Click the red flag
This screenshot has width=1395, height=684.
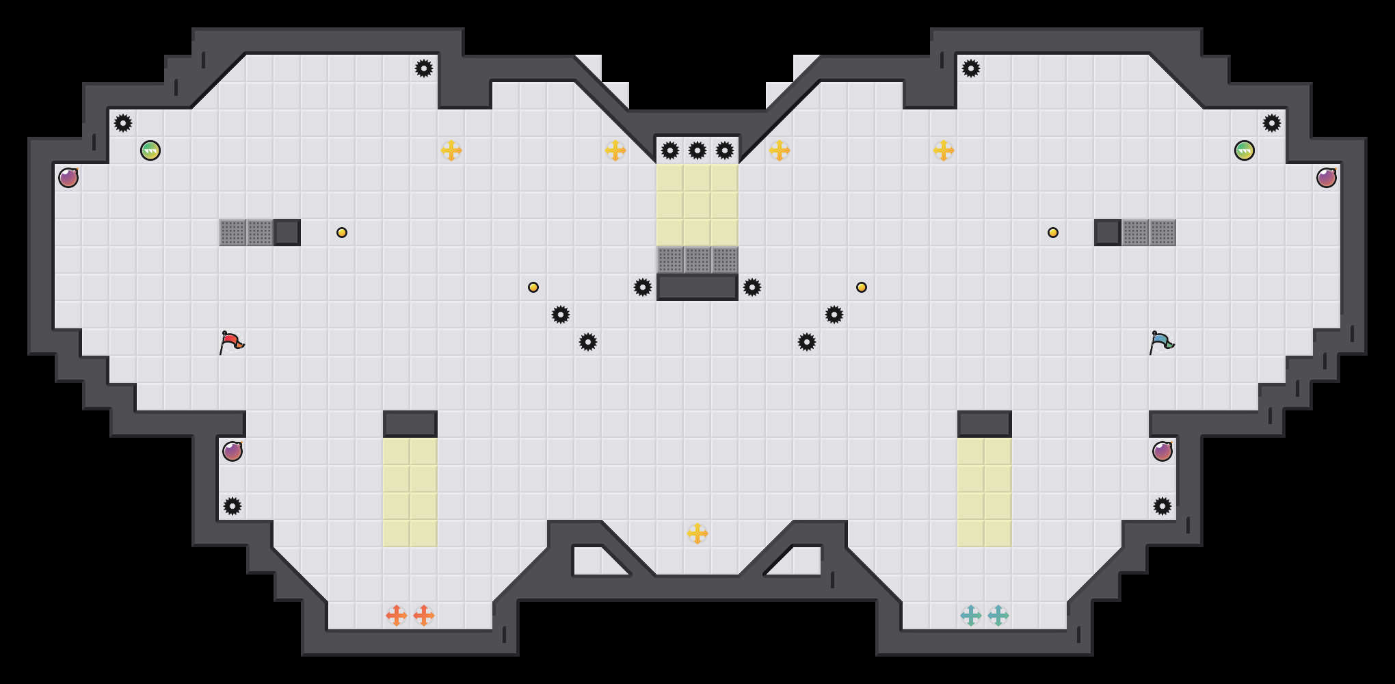pyautogui.click(x=231, y=341)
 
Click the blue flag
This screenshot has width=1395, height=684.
pyautogui.click(x=1161, y=341)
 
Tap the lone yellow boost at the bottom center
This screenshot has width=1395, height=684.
pyautogui.click(x=697, y=534)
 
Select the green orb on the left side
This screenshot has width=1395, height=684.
pyautogui.click(x=150, y=150)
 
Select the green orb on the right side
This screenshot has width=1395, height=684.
pyautogui.click(x=1245, y=150)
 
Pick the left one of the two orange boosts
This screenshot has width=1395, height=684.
pyautogui.click(x=397, y=616)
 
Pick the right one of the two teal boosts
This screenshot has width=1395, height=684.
pyautogui.click(x=998, y=616)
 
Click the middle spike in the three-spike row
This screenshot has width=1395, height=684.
pyautogui.click(x=697, y=150)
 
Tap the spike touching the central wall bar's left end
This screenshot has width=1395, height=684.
pyautogui.click(x=643, y=287)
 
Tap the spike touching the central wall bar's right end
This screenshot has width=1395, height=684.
pyautogui.click(x=752, y=287)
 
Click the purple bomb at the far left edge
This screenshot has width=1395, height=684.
pyautogui.click(x=68, y=178)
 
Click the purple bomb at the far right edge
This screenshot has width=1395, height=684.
pyautogui.click(x=1327, y=178)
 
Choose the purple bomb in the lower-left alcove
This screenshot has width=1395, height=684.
pyautogui.click(x=232, y=451)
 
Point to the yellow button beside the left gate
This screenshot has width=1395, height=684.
pyautogui.click(x=342, y=233)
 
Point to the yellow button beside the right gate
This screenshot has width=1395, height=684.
pyautogui.click(x=1053, y=233)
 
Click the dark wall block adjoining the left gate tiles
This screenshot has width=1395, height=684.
pyautogui.click(x=287, y=233)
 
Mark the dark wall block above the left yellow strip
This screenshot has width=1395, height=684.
pyautogui.click(x=410, y=424)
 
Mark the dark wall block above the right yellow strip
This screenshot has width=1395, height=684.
pyautogui.click(x=985, y=424)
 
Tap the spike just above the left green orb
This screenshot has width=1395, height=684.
pyautogui.click(x=123, y=123)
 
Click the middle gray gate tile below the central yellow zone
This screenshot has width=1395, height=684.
pyautogui.click(x=697, y=260)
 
